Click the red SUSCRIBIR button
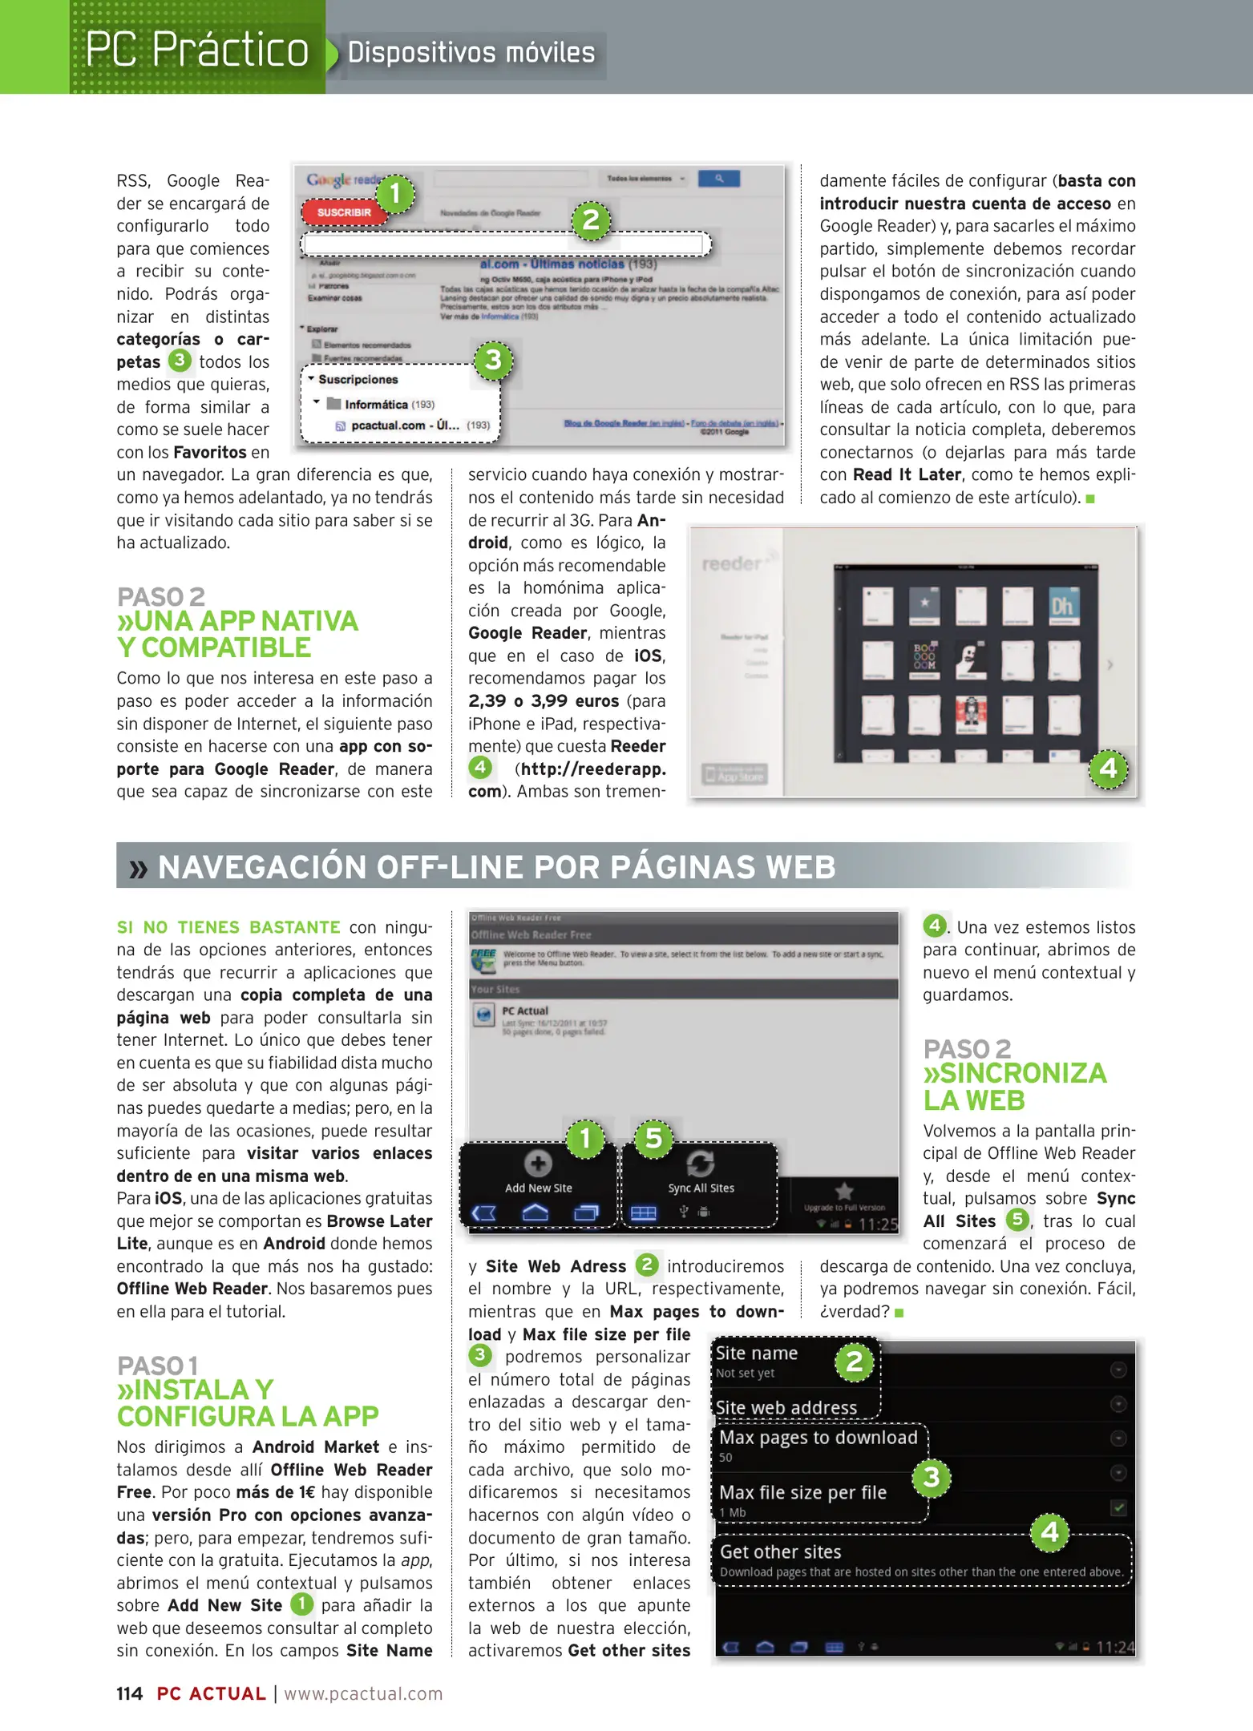tap(343, 212)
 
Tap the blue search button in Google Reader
tap(718, 179)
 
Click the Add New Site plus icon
tap(537, 1163)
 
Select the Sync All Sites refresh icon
tap(700, 1163)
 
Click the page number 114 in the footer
tap(129, 1693)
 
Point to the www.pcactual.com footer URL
tap(363, 1693)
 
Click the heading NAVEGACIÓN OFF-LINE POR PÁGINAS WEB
tap(497, 866)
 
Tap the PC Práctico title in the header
tap(197, 50)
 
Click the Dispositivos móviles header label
tap(471, 53)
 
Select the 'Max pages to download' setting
tap(818, 1438)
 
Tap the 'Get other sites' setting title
tap(781, 1551)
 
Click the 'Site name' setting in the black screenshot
tap(756, 1354)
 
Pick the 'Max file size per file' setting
tap(802, 1492)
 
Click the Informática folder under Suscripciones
tap(377, 405)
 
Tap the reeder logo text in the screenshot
tap(732, 563)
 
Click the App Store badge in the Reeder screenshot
tap(735, 774)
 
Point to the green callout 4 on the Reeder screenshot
tap(1108, 769)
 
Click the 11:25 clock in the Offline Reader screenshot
tap(878, 1225)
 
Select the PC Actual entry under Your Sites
tap(525, 1011)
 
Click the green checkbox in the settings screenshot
tap(1118, 1507)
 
